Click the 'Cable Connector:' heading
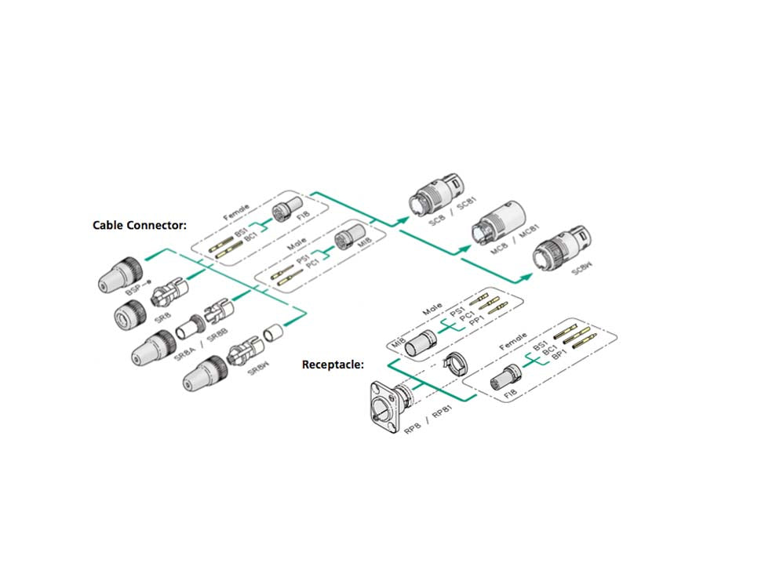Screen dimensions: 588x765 140,225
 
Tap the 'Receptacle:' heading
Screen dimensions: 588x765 333,365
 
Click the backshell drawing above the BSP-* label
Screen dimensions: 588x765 121,270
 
